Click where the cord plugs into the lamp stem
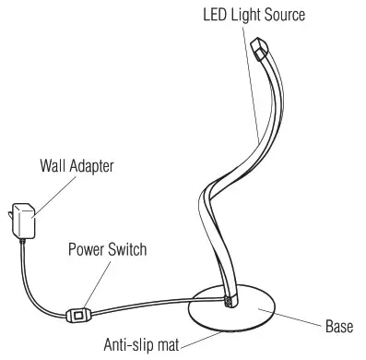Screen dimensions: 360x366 point(228,300)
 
